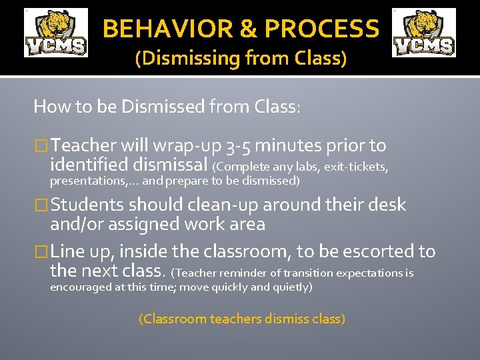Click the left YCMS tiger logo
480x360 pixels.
pos(56,33)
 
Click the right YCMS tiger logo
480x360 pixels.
pos(424,33)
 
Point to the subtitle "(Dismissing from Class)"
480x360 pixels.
pos(241,59)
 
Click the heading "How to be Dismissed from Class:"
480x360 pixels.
pos(167,107)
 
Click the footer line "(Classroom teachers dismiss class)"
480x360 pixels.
pos(241,319)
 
